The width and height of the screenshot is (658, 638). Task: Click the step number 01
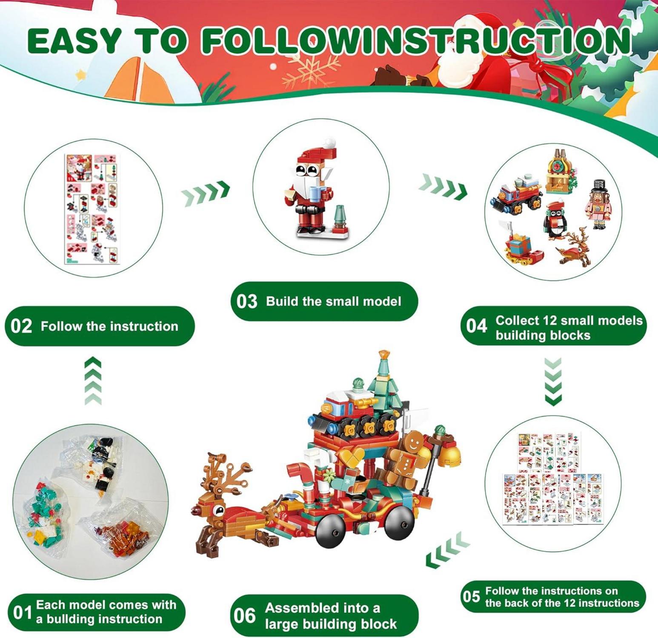pyautogui.click(x=23, y=613)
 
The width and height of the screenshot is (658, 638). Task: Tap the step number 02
pyautogui.click(x=21, y=326)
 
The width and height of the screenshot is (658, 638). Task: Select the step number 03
pyautogui.click(x=247, y=302)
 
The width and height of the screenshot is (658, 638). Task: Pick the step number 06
pyautogui.click(x=244, y=615)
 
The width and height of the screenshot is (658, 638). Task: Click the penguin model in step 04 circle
pyautogui.click(x=556, y=220)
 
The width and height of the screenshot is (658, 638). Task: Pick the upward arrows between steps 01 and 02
pyautogui.click(x=93, y=381)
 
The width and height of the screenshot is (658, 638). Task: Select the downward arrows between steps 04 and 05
pyautogui.click(x=553, y=382)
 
